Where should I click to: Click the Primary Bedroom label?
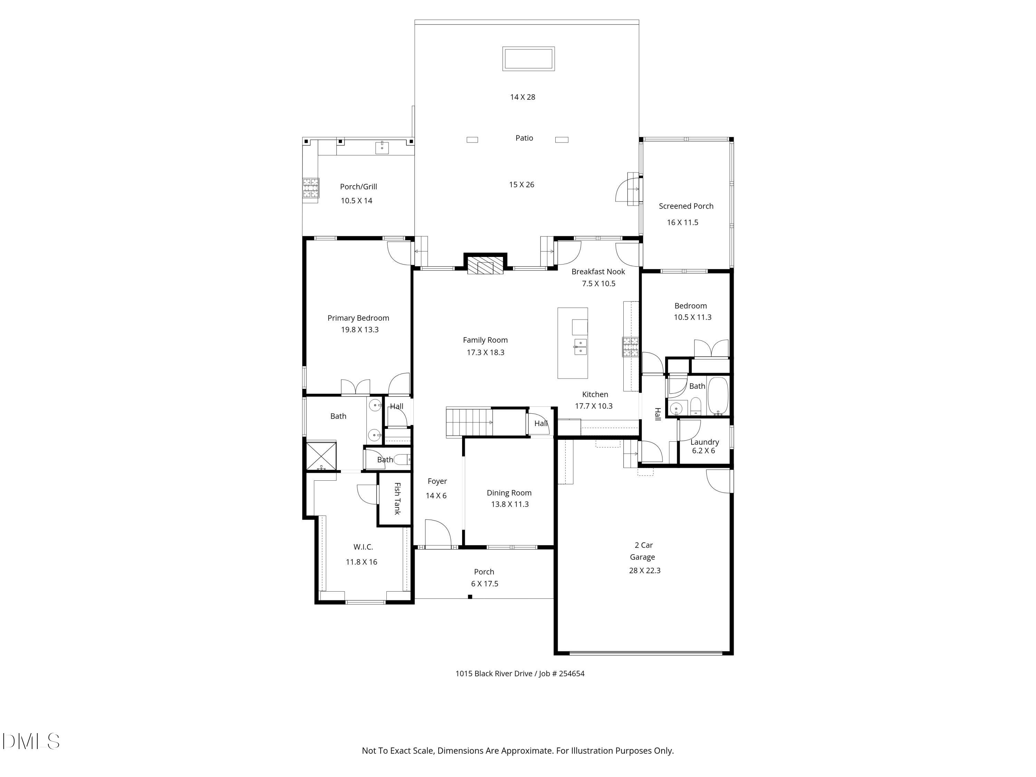(x=358, y=318)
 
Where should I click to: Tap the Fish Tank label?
(x=397, y=498)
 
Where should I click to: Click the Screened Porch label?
(x=686, y=206)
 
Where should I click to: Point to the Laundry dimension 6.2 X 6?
(x=703, y=451)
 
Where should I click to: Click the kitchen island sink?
(x=580, y=347)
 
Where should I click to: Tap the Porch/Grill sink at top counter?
(x=382, y=147)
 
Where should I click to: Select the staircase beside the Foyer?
(x=469, y=422)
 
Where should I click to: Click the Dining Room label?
(x=509, y=493)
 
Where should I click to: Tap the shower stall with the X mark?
(x=321, y=455)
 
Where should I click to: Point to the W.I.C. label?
(x=363, y=547)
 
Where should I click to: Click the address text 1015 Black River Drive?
(x=494, y=673)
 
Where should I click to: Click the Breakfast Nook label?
(x=598, y=272)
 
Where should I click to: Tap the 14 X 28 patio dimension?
(x=523, y=97)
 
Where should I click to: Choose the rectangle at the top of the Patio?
(x=529, y=59)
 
